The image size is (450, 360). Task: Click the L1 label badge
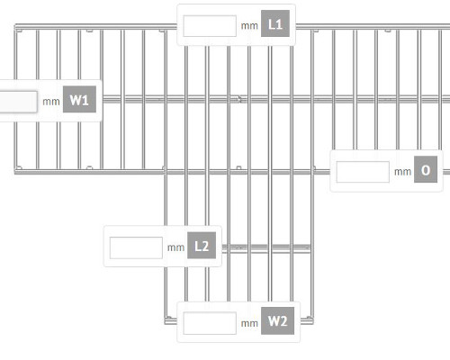click(x=275, y=23)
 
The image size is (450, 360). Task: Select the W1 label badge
click(x=79, y=99)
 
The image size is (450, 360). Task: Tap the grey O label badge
click(x=426, y=169)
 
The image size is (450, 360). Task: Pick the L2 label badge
click(x=202, y=246)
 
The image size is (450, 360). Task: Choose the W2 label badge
click(x=277, y=320)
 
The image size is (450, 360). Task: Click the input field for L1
click(x=210, y=26)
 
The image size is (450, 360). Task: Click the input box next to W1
click(x=18, y=102)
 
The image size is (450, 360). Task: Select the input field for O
click(x=363, y=172)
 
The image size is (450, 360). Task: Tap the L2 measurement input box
click(x=136, y=247)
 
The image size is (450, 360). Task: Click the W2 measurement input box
click(x=210, y=323)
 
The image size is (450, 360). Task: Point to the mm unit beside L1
click(x=249, y=26)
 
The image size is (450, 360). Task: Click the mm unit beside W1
click(x=51, y=102)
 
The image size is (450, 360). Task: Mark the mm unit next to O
click(x=402, y=172)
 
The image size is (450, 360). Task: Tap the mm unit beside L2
click(x=175, y=248)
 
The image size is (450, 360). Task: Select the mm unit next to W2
click(x=249, y=324)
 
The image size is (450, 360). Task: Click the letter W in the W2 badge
click(x=274, y=321)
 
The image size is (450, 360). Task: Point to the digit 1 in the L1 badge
click(x=279, y=24)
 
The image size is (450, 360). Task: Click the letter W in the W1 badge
click(x=76, y=100)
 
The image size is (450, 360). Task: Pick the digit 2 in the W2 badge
click(x=283, y=321)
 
